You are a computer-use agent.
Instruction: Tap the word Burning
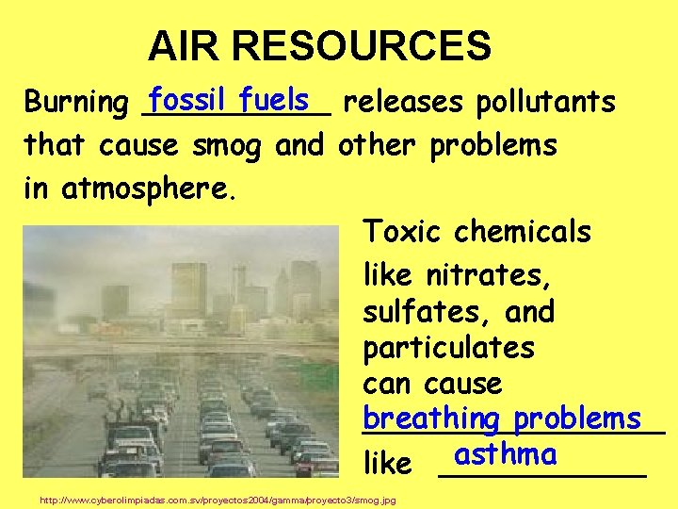(x=75, y=102)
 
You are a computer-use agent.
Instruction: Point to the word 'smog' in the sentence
(x=230, y=146)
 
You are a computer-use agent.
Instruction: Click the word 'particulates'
(x=448, y=348)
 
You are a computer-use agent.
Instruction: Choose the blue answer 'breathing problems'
(x=502, y=418)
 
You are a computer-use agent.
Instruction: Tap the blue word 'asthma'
(x=505, y=454)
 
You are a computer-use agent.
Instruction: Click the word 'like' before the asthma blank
(x=387, y=463)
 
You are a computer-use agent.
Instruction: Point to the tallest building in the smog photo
(x=189, y=288)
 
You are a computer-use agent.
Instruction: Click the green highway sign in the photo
(x=320, y=378)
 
